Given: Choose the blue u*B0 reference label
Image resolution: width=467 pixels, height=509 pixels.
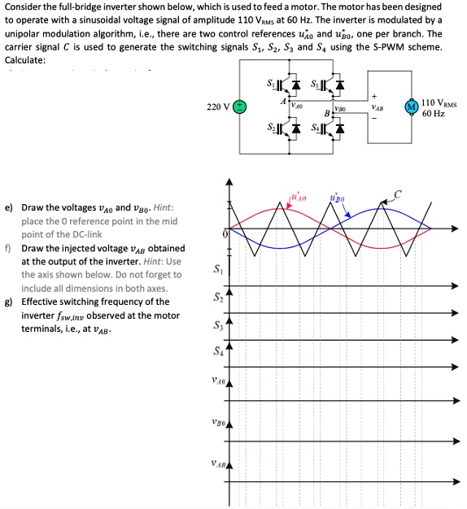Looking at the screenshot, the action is (337, 196).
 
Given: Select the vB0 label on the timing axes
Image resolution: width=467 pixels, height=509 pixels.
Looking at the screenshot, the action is (215, 424).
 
